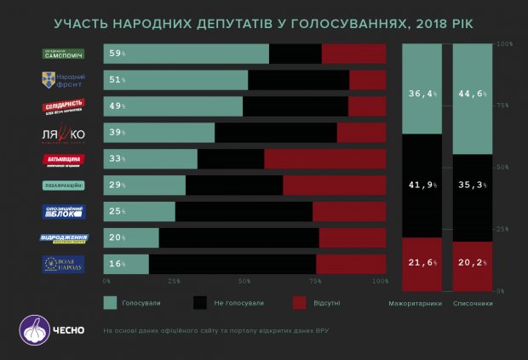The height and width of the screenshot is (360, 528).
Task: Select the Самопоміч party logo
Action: click(x=64, y=54)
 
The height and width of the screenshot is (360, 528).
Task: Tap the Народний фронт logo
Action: click(x=64, y=80)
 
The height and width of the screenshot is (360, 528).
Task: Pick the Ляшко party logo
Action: click(x=64, y=133)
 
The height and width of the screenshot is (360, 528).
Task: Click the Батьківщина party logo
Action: click(x=64, y=159)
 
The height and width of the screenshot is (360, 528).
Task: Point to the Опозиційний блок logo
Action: click(x=64, y=212)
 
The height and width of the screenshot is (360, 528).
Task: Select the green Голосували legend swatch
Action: click(x=111, y=302)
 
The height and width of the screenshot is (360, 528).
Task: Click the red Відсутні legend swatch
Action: click(x=299, y=302)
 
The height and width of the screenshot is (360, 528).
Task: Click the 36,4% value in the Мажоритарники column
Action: click(x=423, y=93)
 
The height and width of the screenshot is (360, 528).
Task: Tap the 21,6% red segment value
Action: click(x=423, y=262)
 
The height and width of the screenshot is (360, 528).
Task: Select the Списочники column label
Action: click(x=473, y=303)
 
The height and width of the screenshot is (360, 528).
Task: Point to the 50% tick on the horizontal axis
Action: click(x=244, y=282)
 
